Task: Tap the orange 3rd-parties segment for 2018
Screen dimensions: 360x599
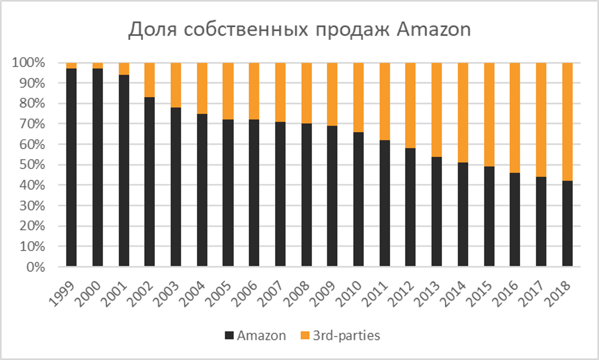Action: [567, 122]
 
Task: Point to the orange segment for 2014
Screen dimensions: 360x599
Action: [463, 112]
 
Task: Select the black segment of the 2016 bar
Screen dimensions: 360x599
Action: [515, 220]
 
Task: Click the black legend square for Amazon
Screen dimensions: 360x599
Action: [229, 335]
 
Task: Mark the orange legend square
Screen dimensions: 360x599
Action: [305, 335]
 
